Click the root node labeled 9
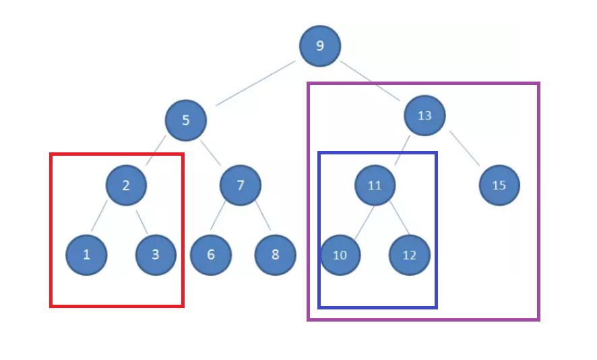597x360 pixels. point(320,46)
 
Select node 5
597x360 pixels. point(185,121)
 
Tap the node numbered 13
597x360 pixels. point(425,115)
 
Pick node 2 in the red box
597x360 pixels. point(126,185)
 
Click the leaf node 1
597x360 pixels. point(86,255)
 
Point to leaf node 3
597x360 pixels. point(156,255)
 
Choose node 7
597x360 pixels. point(241,185)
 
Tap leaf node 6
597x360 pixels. point(211,255)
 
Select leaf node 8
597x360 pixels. point(275,255)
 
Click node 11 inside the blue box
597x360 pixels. point(375,185)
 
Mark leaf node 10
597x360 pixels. point(340,256)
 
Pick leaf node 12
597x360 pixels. point(410,256)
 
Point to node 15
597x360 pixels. point(499,185)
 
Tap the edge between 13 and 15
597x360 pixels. point(464,148)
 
